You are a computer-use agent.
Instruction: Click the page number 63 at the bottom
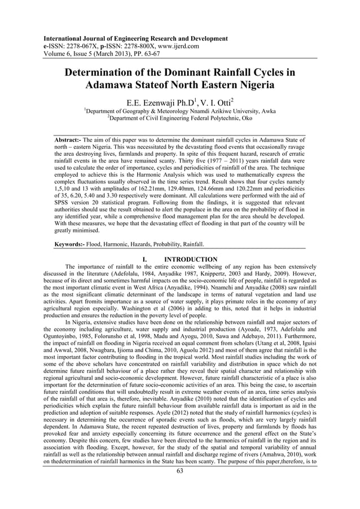click(179, 472)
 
